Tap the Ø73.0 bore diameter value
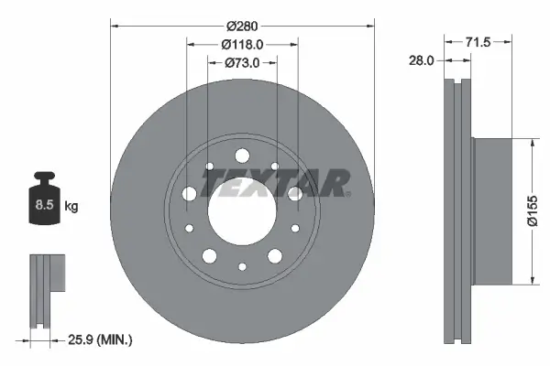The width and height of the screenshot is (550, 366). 242,62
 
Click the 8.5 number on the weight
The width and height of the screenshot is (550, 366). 43,207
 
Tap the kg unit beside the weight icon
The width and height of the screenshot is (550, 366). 71,207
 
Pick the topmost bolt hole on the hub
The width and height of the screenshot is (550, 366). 242,156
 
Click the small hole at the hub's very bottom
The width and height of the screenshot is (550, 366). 242,266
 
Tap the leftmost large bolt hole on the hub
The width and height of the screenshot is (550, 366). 190,194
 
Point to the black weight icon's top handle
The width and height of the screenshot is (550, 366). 43,178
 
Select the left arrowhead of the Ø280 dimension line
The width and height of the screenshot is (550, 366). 115,26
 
